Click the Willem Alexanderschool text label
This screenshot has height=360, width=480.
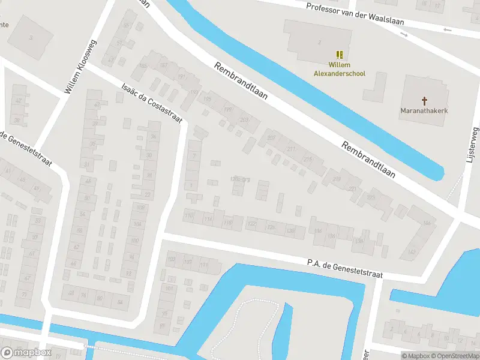tap(340, 69)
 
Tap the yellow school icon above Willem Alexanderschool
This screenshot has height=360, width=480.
tap(340, 55)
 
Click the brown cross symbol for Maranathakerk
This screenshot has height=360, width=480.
tap(425, 100)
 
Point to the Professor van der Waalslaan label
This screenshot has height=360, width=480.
tap(355, 14)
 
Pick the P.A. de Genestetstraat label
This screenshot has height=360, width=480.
tap(344, 268)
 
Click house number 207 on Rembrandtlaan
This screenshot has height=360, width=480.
tap(271, 138)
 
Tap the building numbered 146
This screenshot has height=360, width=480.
tap(427, 223)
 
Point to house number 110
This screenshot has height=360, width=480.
tap(190, 215)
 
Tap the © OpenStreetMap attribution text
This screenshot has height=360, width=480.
tap(453, 356)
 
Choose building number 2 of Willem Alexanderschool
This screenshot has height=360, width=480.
tap(319, 42)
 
